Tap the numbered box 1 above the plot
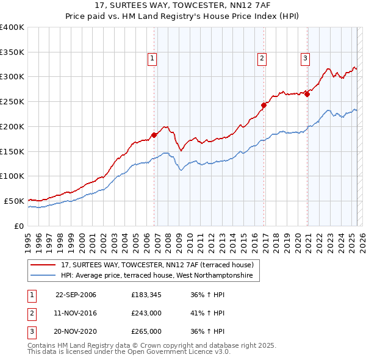[x=152, y=59]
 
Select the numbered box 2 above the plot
[x=262, y=59]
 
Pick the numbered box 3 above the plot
[x=304, y=59]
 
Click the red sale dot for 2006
[x=154, y=135]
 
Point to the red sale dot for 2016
[x=264, y=105]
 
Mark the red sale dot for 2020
[x=307, y=94]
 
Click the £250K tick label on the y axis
[x=12, y=102]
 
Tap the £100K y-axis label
[x=12, y=176]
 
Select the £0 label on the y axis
[x=19, y=226]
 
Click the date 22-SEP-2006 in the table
[x=76, y=295]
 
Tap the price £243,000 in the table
[x=146, y=314]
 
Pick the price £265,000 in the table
[x=146, y=331]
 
